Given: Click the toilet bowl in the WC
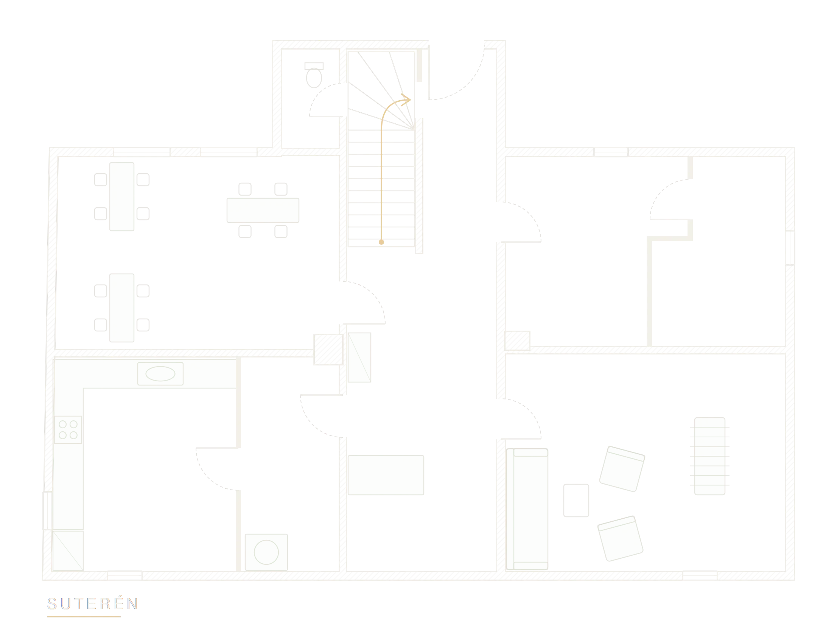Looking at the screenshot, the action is (314, 78).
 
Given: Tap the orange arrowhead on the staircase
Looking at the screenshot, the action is (406, 100).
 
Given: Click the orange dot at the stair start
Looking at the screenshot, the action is (381, 242).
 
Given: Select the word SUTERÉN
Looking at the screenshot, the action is (92, 603).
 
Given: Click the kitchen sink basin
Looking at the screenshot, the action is (160, 374).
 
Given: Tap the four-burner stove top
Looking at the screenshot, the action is (68, 429).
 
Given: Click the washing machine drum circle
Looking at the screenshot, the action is (266, 552).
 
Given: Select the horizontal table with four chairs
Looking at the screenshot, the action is (263, 210).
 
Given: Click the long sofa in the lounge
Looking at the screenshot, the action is (527, 509).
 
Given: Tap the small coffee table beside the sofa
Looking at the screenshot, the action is (576, 500).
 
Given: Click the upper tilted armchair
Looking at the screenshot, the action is (622, 468).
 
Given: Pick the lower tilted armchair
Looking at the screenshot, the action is (621, 538).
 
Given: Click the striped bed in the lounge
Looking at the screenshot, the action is (710, 456).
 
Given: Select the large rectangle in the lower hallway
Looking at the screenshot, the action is (386, 475).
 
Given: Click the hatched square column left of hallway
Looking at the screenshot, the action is (328, 349).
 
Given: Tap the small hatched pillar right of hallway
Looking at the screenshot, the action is (517, 340).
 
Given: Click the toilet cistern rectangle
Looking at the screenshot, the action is (314, 66).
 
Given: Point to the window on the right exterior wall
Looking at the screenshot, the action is (790, 247).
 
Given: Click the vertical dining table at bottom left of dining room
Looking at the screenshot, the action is (122, 308).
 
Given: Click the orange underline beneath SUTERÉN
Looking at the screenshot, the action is (84, 617).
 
